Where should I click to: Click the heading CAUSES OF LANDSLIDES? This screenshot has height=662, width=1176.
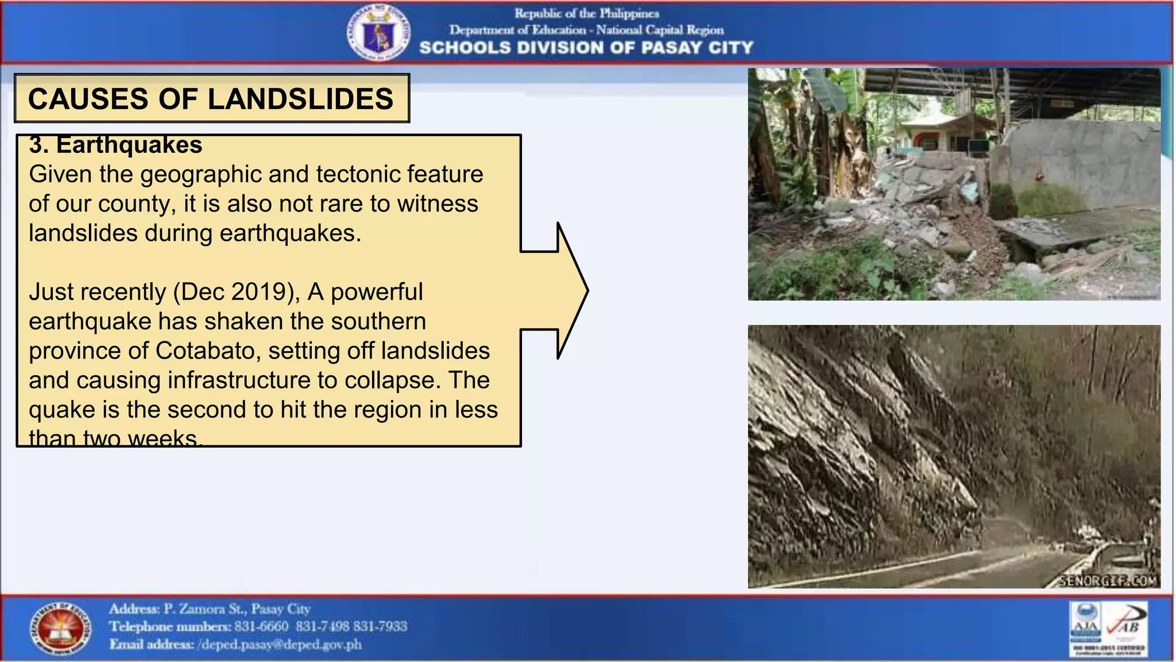pyautogui.click(x=211, y=98)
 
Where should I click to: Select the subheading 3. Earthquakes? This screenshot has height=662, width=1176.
pyautogui.click(x=115, y=145)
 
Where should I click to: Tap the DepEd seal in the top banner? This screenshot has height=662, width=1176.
pyautogui.click(x=378, y=33)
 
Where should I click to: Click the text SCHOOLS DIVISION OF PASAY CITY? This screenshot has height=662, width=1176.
pyautogui.click(x=586, y=48)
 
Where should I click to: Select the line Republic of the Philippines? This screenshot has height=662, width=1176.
pyautogui.click(x=586, y=13)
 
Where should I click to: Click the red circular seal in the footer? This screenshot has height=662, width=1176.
pyautogui.click(x=60, y=629)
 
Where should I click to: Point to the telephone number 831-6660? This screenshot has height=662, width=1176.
pyautogui.click(x=261, y=626)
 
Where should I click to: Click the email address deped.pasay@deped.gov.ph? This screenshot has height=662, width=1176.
pyautogui.click(x=280, y=645)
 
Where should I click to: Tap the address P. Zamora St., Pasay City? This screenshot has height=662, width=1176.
pyautogui.click(x=237, y=609)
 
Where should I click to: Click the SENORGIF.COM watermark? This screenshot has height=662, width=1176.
pyautogui.click(x=1108, y=581)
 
